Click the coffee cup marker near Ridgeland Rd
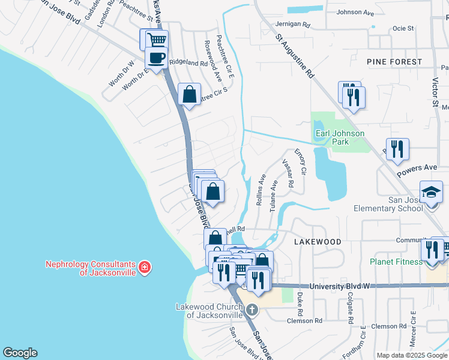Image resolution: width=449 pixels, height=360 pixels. pyautogui.click(x=156, y=59)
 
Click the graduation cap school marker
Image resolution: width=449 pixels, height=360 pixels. pyautogui.click(x=431, y=192)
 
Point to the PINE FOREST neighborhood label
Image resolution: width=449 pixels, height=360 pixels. pyautogui.click(x=395, y=62)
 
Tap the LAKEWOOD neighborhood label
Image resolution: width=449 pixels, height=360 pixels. pyautogui.click(x=318, y=241)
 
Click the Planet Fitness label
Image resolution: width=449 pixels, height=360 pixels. pyautogui.click(x=397, y=261)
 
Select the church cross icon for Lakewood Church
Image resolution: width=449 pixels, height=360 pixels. pyautogui.click(x=252, y=310)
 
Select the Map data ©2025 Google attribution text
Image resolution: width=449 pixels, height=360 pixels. pyautogui.click(x=412, y=355)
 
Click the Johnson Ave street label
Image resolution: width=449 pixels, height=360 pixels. pyautogui.click(x=358, y=12)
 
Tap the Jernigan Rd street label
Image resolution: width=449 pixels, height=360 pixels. pyautogui.click(x=293, y=25)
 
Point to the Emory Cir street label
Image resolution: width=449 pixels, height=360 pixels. pyautogui.click(x=300, y=162)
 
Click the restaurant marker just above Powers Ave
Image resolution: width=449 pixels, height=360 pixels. pyautogui.click(x=397, y=149)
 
